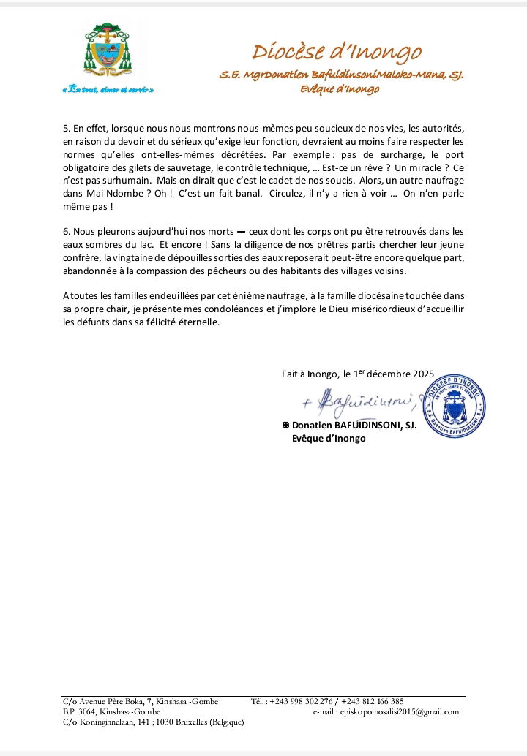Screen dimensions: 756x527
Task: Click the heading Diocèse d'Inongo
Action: point(337,52)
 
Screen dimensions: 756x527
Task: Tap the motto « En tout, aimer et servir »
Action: point(108,89)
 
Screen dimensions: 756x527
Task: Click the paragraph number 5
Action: point(66,129)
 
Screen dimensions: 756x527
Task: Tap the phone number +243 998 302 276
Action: point(301,701)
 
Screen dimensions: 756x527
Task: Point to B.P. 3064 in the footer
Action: point(81,711)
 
